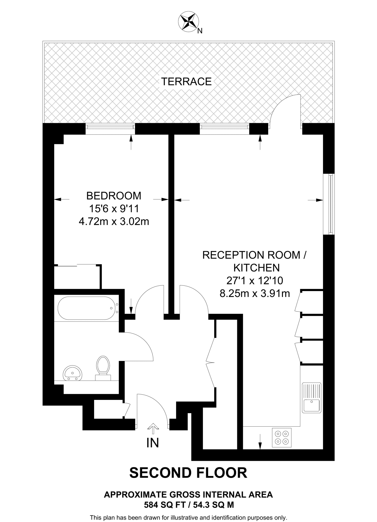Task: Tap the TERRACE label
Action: (186, 82)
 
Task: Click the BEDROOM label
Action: (114, 196)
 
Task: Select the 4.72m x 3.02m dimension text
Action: (114, 222)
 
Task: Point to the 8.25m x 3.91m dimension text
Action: (255, 294)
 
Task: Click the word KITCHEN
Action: (256, 268)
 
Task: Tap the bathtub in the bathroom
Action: (87, 308)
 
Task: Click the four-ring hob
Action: (282, 437)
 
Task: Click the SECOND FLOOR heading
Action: (188, 473)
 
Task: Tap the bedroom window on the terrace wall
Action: (110, 129)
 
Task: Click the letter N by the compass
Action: (200, 31)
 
